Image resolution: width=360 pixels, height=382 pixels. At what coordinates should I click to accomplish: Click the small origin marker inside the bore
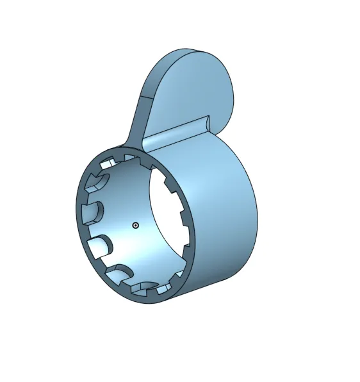tap(135, 225)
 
